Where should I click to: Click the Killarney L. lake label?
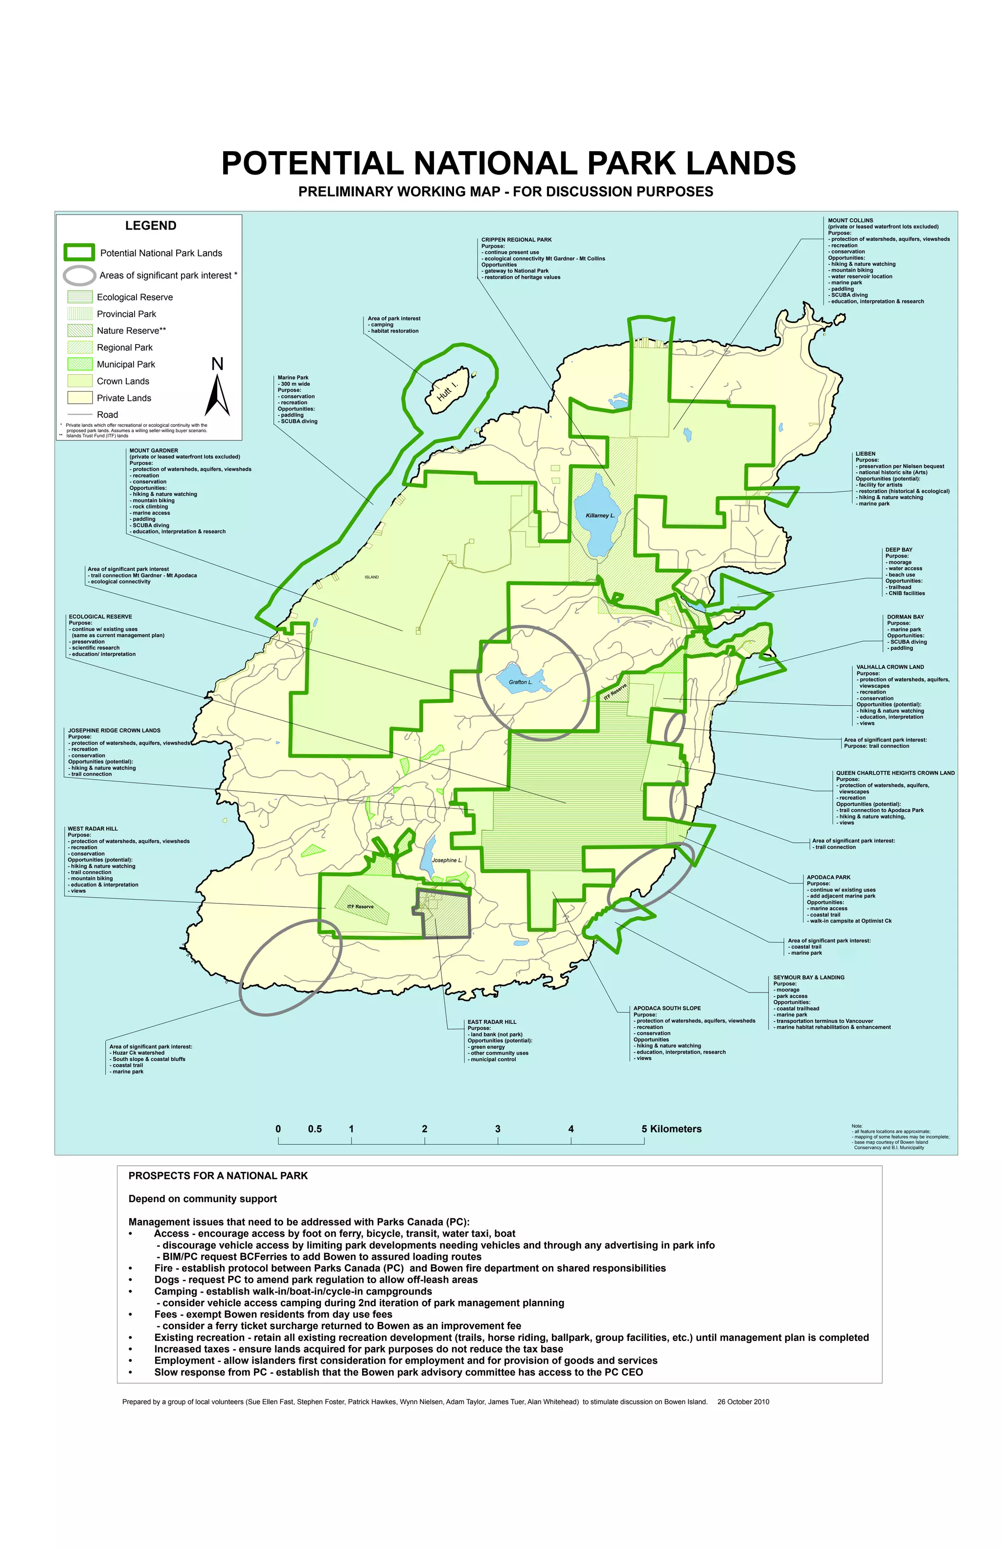pyautogui.click(x=599, y=515)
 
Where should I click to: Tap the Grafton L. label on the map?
pyautogui.click(x=520, y=682)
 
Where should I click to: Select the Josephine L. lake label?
pyautogui.click(x=446, y=860)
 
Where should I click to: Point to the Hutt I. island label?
pyautogui.click(x=448, y=391)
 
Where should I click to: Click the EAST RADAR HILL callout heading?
pyautogui.click(x=491, y=1022)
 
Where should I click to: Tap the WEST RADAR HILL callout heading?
pyautogui.click(x=92, y=829)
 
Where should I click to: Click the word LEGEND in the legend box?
pyautogui.click(x=150, y=226)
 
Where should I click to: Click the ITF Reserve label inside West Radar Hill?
pyautogui.click(x=361, y=906)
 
